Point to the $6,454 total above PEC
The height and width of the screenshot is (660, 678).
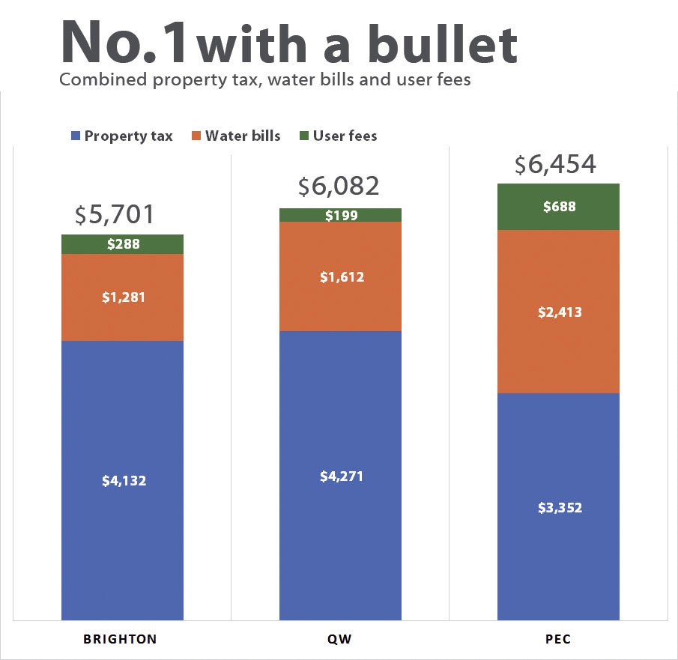[555, 164]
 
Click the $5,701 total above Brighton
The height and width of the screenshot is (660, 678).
[115, 215]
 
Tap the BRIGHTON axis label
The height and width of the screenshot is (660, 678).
[120, 639]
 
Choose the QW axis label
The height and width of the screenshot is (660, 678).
[340, 639]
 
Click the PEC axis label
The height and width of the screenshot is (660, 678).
[558, 639]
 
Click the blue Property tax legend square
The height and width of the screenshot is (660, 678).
[75, 136]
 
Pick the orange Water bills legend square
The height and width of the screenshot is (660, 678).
[196, 136]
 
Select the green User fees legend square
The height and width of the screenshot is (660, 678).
[304, 136]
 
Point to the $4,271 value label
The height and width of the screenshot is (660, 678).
[342, 476]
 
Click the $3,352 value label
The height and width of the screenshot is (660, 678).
[560, 507]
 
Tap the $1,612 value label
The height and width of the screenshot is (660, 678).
[342, 277]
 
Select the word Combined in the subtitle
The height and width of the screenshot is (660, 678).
[96, 79]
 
